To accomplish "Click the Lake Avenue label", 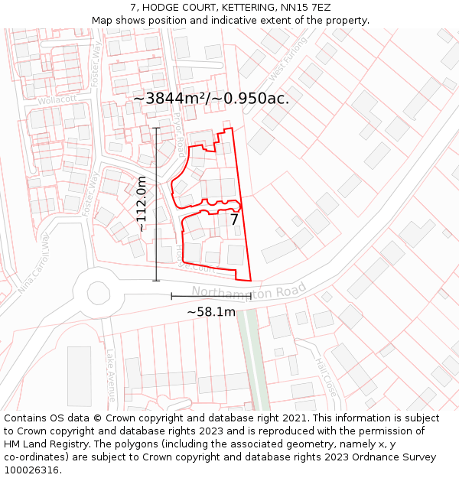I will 111,376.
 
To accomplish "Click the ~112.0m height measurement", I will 142,203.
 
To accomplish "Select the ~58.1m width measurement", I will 211,311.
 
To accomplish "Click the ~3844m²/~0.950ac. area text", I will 211,99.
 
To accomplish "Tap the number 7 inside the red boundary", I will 234,219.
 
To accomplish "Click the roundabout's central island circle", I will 99,291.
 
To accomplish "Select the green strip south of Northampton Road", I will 252,359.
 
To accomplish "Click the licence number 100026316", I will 32,470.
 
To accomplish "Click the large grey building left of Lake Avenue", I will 80,376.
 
